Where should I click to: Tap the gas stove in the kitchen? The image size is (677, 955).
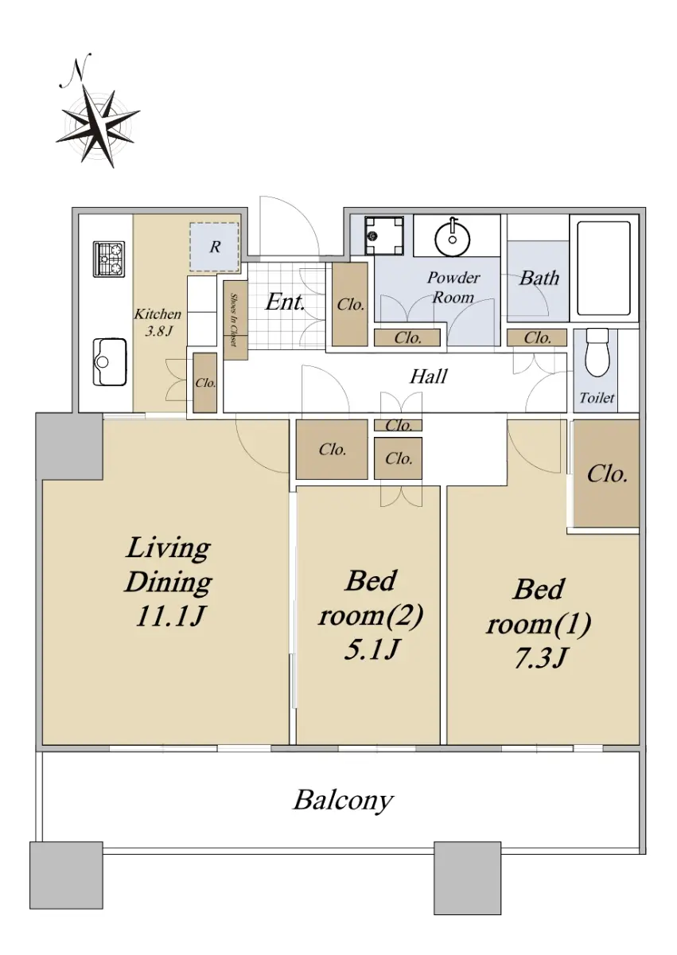pyautogui.click(x=109, y=259)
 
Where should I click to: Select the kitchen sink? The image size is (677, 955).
pyautogui.click(x=109, y=361)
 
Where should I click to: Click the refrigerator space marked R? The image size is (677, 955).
pyautogui.click(x=214, y=247)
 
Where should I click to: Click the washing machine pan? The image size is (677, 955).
pyautogui.click(x=383, y=235)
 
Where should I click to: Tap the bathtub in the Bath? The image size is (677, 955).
pyautogui.click(x=603, y=267)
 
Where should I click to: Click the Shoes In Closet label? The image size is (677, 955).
pyautogui.click(x=233, y=319)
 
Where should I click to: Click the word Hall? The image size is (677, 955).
pyautogui.click(x=428, y=376)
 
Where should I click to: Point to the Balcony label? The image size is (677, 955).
pyautogui.click(x=343, y=801)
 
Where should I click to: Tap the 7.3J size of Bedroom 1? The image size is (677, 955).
pyautogui.click(x=539, y=658)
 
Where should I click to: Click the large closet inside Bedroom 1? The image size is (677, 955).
pyautogui.click(x=606, y=474)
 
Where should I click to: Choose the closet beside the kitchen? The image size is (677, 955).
pyautogui.click(x=205, y=383)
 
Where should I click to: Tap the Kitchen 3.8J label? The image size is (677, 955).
pyautogui.click(x=158, y=322)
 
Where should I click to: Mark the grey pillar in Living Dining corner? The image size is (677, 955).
pyautogui.click(x=69, y=446)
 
